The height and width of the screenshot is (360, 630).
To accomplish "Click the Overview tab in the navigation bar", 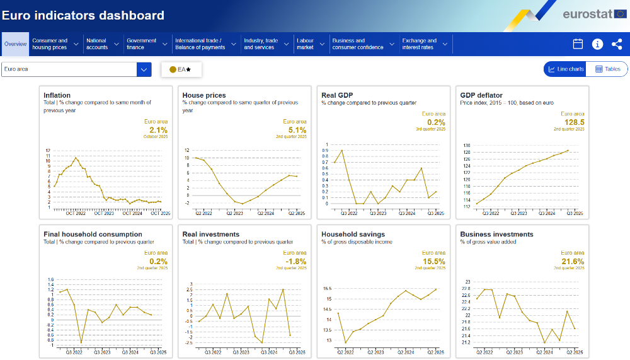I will click(x=15, y=44).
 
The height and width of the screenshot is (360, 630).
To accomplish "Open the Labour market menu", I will click(x=306, y=44).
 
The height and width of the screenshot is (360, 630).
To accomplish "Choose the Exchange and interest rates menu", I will click(x=420, y=44).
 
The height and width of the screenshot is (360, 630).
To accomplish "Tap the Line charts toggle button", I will click(x=566, y=69).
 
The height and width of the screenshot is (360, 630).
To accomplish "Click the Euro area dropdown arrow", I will click(x=144, y=69).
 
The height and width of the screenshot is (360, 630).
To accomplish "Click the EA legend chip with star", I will click(x=181, y=69).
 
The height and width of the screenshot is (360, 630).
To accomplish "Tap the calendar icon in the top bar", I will click(x=578, y=44).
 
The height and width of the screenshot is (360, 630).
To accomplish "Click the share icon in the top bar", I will click(x=617, y=44).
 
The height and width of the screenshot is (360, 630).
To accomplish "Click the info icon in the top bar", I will click(x=597, y=44).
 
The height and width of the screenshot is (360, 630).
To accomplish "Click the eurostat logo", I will click(x=584, y=14).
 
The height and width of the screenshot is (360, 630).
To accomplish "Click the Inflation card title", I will click(x=57, y=95).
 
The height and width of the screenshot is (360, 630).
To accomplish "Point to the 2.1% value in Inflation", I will click(x=158, y=130).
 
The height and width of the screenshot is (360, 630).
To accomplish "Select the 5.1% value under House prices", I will click(x=297, y=130).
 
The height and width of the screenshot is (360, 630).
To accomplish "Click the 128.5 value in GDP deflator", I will click(x=574, y=122).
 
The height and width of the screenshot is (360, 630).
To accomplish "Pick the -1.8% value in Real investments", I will click(x=295, y=261).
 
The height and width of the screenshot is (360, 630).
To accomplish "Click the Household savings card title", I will click(x=353, y=234).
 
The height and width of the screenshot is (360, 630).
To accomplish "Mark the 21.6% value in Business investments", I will click(x=573, y=261).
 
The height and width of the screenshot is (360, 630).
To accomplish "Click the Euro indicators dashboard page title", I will click(x=83, y=16).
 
